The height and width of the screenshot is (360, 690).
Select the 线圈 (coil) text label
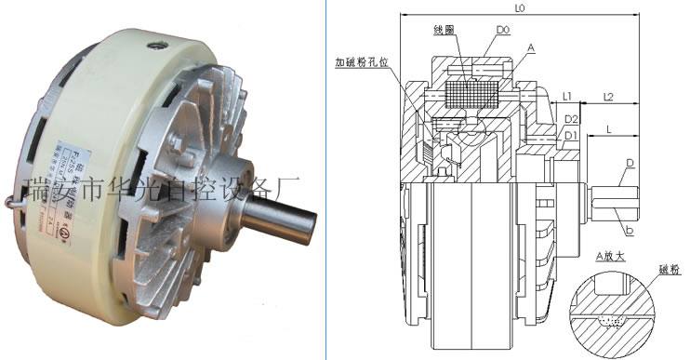[x=444, y=31]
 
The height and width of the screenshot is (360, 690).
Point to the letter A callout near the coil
[x=529, y=47]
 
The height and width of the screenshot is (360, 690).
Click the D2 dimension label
[x=572, y=120]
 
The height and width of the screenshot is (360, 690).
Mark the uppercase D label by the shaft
[x=630, y=164]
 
